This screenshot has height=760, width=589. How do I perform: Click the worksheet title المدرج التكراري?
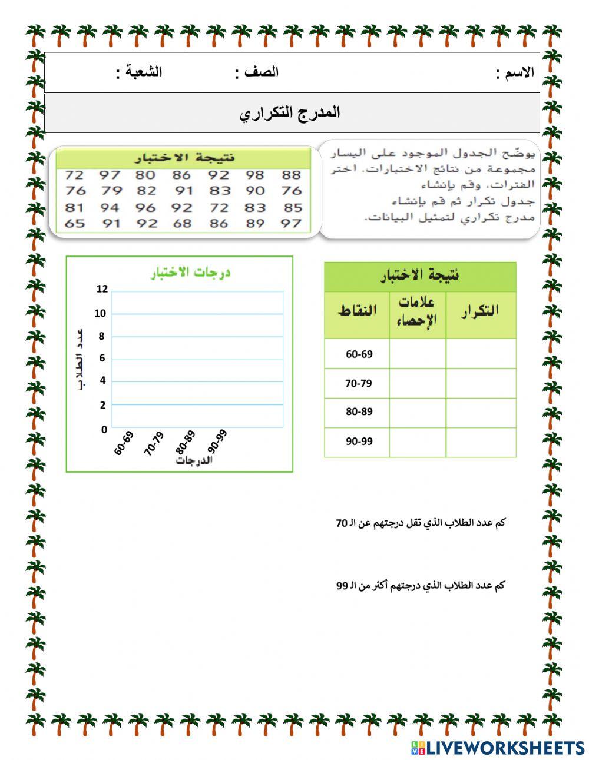[x=290, y=112]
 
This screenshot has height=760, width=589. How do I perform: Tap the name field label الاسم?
[x=515, y=73]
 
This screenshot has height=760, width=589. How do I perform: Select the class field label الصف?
[x=257, y=73]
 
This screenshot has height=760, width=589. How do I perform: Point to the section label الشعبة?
[x=139, y=73]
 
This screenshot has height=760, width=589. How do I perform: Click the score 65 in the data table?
[x=74, y=224]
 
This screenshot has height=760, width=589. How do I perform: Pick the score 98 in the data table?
[x=256, y=175]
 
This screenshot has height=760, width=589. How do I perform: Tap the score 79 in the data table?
[x=111, y=191]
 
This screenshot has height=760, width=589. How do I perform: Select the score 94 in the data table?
[x=110, y=208]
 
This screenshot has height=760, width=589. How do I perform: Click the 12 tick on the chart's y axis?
[x=102, y=289]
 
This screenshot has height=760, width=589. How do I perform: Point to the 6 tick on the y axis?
[x=102, y=359]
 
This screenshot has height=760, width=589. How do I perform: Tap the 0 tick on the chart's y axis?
[x=104, y=430]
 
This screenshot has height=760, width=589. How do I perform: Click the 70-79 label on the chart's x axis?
[x=154, y=443]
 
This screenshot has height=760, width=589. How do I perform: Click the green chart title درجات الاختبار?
[x=190, y=273]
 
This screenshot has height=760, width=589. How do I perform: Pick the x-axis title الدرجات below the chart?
[x=194, y=461]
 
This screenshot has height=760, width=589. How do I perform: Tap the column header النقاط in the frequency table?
[x=357, y=311]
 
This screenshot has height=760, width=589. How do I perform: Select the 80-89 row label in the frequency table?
[x=359, y=412]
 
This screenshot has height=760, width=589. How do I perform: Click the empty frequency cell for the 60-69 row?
[x=481, y=354]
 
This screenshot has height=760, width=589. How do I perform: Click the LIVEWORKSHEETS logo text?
[x=504, y=748]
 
